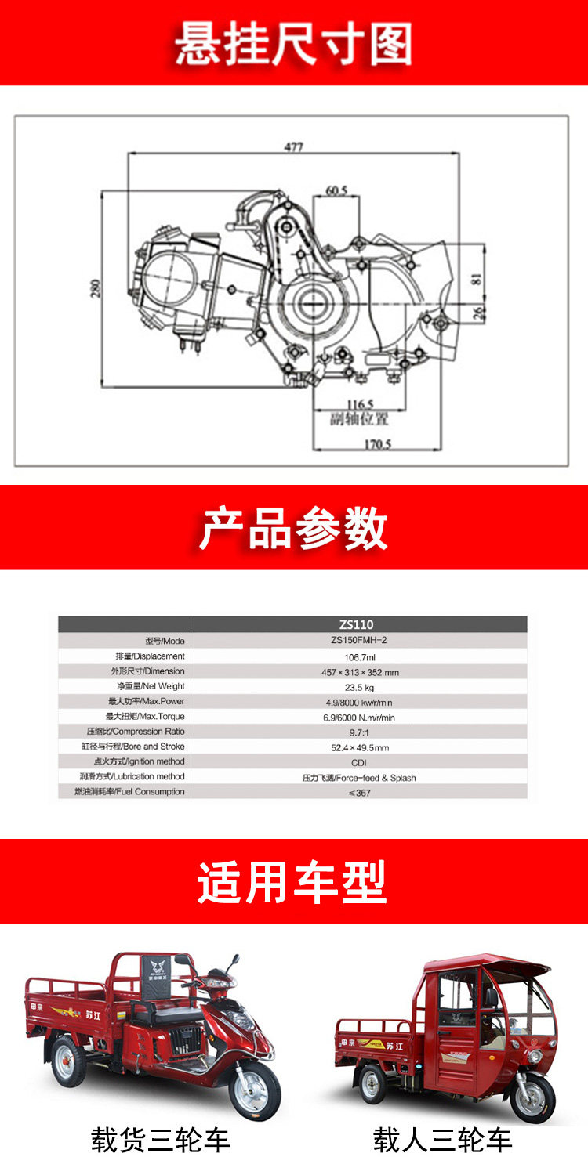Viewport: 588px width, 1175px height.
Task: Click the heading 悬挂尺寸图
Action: tap(293, 43)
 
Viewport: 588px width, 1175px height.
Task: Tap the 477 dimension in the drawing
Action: tap(293, 146)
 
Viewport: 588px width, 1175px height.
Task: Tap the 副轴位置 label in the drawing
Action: tap(359, 418)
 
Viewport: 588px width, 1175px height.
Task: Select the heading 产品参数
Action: tap(293, 528)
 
